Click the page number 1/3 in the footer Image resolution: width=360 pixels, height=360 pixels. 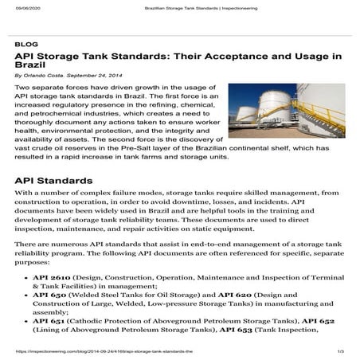pos(339,351)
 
